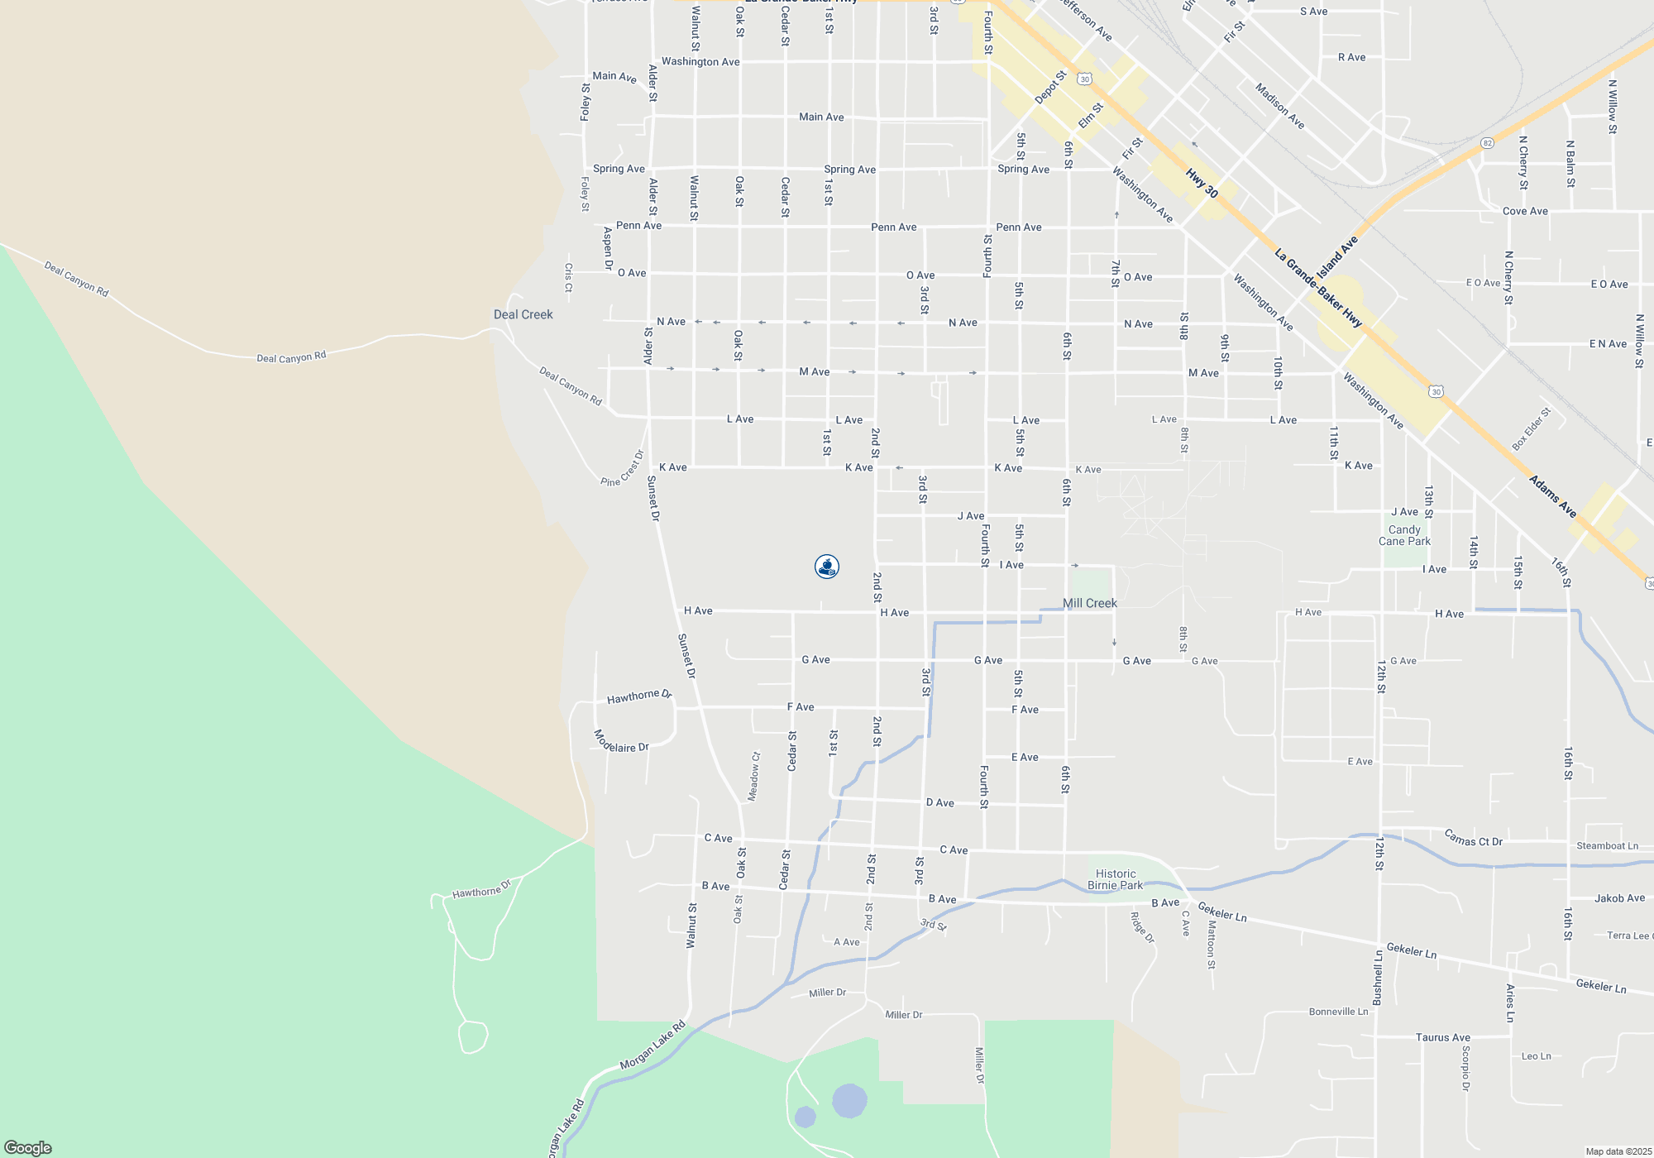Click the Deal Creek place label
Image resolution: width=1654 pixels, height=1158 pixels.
click(523, 314)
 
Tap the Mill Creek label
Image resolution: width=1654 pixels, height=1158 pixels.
click(1089, 603)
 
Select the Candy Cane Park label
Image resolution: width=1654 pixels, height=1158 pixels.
click(1404, 535)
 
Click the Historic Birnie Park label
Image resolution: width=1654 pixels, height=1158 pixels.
click(1115, 879)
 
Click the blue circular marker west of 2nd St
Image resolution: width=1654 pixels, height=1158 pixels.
click(827, 567)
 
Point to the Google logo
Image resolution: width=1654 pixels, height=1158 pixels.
click(28, 1147)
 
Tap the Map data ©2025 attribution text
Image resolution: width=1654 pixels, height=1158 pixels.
click(1618, 1151)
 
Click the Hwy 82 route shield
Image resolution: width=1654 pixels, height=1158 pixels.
click(1488, 143)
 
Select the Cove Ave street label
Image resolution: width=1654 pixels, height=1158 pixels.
click(1525, 211)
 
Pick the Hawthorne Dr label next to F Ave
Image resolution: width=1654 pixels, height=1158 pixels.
click(639, 696)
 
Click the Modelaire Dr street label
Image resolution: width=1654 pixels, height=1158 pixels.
click(621, 742)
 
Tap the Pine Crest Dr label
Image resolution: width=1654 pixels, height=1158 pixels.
click(622, 469)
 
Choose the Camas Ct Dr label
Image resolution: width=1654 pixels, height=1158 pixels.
click(1473, 838)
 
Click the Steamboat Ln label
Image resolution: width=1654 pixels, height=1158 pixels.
click(1607, 845)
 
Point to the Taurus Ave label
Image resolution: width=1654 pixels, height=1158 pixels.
click(1442, 1037)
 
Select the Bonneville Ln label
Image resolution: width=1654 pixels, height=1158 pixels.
click(1338, 1012)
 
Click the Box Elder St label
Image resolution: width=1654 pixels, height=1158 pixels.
click(1531, 429)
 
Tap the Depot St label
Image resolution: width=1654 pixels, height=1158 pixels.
click(1050, 88)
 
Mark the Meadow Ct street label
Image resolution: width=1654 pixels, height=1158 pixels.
click(754, 776)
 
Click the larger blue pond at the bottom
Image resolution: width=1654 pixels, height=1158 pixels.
click(849, 1101)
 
